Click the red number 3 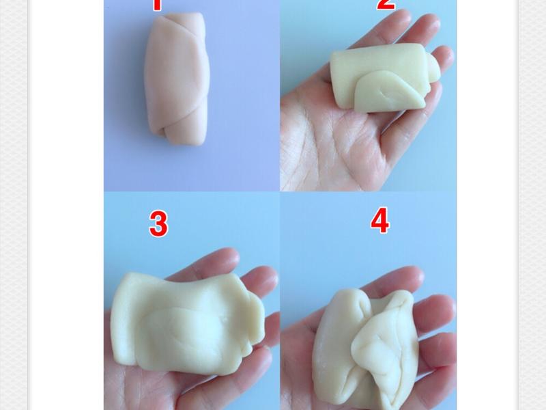158,224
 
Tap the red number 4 380,221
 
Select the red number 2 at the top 386,4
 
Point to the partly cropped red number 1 157,5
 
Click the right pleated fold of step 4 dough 386,342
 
